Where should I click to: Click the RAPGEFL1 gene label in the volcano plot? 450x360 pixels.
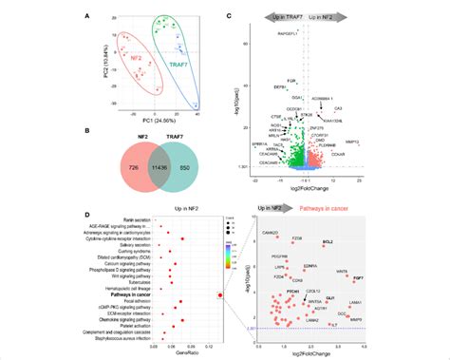pos(291,33)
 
